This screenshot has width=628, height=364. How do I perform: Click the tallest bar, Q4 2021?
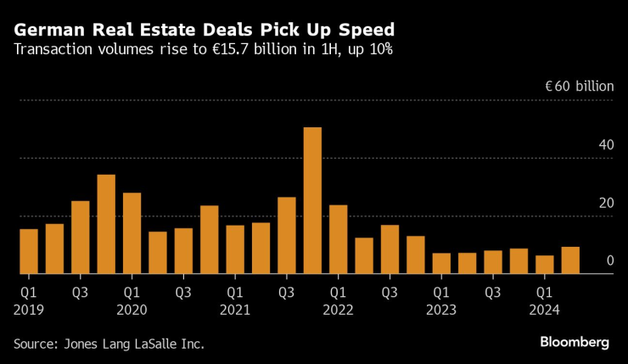pyautogui.click(x=312, y=201)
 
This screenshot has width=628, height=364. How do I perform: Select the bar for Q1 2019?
pyautogui.click(x=29, y=251)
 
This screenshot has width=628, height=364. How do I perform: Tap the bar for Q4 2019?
pyautogui.click(x=106, y=225)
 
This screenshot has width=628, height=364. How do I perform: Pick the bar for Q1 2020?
pyautogui.click(x=132, y=233)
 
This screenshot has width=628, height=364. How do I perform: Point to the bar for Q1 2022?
pyautogui.click(x=338, y=239)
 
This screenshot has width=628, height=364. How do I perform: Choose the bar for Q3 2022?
pyautogui.click(x=390, y=249)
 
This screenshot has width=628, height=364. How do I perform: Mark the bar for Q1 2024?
pyautogui.click(x=544, y=265)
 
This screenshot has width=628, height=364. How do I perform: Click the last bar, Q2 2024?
pyautogui.click(x=570, y=260)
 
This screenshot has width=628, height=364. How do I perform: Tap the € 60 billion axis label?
pyautogui.click(x=579, y=87)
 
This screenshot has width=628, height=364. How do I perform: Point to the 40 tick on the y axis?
pyautogui.click(x=605, y=145)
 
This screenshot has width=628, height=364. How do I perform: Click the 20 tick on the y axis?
pyautogui.click(x=605, y=203)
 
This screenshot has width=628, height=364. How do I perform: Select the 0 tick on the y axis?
pyautogui.click(x=609, y=260)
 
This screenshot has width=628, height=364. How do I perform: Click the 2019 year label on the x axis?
pyautogui.click(x=28, y=310)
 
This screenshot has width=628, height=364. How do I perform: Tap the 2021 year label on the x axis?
pyautogui.click(x=234, y=310)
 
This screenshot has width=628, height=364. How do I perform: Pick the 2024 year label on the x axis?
pyautogui.click(x=543, y=310)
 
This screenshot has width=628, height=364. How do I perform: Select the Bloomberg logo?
pyautogui.click(x=575, y=342)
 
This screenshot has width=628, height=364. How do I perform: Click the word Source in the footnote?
pyautogui.click(x=33, y=344)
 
